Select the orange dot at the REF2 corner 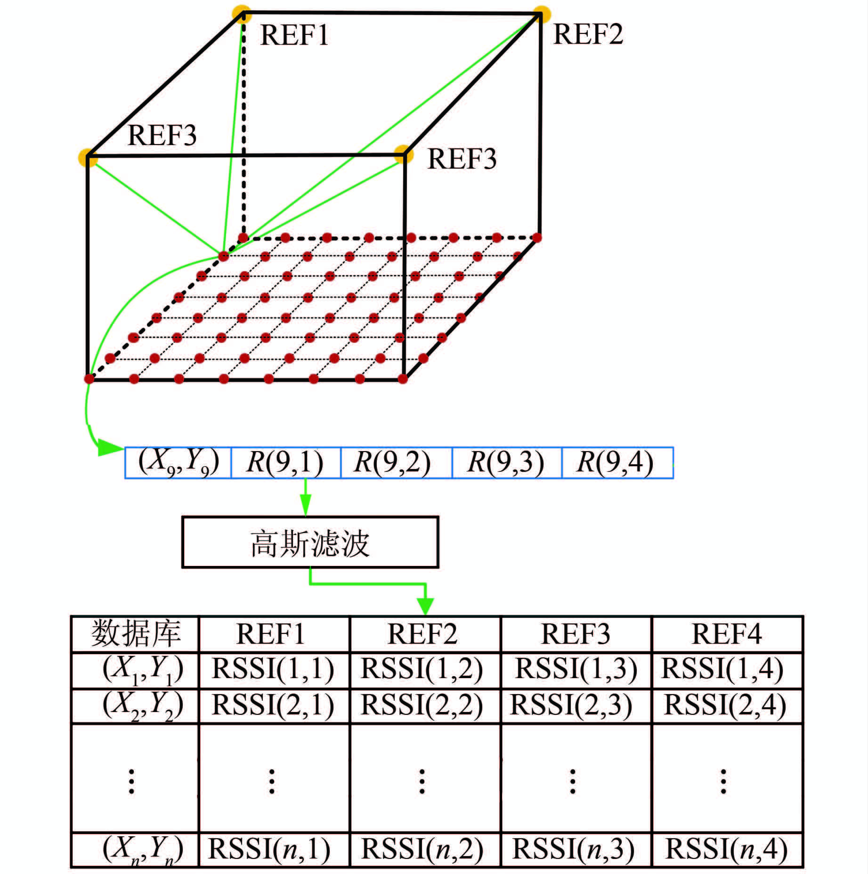click(542, 14)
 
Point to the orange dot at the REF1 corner click(242, 14)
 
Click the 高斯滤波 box click(310, 542)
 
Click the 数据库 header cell click(135, 634)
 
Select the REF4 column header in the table click(727, 634)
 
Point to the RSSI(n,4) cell click(727, 849)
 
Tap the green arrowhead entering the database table click(425, 606)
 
